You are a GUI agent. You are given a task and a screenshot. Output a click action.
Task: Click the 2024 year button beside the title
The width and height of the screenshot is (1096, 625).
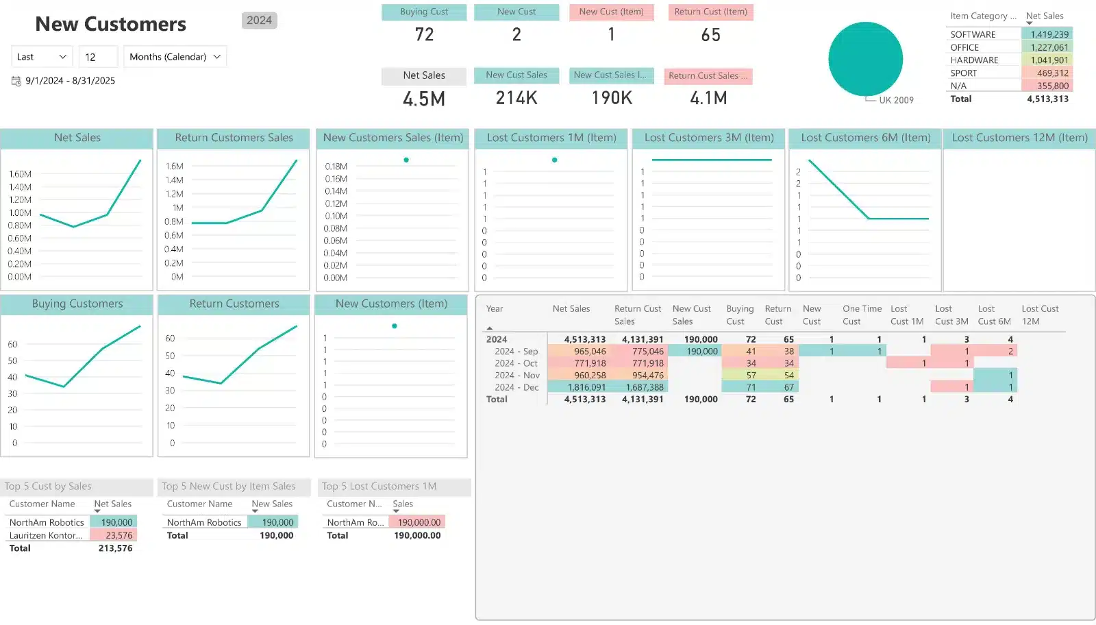click(x=259, y=21)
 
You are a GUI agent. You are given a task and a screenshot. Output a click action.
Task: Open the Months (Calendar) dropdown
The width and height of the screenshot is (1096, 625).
click(x=175, y=57)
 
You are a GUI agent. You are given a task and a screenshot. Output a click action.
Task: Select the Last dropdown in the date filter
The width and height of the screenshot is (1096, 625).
click(x=42, y=57)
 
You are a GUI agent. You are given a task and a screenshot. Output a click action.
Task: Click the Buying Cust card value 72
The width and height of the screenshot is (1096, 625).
click(x=424, y=35)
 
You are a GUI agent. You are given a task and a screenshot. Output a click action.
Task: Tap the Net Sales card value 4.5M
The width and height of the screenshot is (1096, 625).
click(x=424, y=99)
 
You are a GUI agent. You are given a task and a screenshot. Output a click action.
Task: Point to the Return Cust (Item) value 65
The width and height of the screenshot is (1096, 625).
click(x=710, y=35)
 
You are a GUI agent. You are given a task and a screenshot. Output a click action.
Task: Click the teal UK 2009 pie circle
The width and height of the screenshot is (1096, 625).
click(x=865, y=59)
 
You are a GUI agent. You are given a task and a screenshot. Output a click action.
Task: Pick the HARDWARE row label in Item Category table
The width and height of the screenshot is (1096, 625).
click(x=974, y=60)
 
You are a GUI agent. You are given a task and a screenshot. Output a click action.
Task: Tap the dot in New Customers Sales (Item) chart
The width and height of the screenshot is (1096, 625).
click(x=406, y=160)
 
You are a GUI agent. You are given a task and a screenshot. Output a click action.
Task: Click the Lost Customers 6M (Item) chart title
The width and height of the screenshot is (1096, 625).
click(x=865, y=138)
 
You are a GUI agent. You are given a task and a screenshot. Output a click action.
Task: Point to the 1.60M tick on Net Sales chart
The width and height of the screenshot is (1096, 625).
click(x=20, y=174)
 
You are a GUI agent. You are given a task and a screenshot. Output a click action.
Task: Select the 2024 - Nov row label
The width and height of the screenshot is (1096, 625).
click(x=516, y=376)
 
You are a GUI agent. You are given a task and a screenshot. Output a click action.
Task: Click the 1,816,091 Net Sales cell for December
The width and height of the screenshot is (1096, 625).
click(x=586, y=387)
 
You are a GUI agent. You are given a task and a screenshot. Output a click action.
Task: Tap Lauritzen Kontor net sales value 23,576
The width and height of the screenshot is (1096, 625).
click(x=119, y=535)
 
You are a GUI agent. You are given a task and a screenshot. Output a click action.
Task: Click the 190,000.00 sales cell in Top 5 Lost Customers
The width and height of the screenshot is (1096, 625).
click(x=419, y=522)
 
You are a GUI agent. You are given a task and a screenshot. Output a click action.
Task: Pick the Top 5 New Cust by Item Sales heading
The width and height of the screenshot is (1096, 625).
click(x=228, y=487)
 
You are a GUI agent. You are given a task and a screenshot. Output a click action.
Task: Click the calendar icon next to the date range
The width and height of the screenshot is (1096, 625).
click(x=16, y=81)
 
